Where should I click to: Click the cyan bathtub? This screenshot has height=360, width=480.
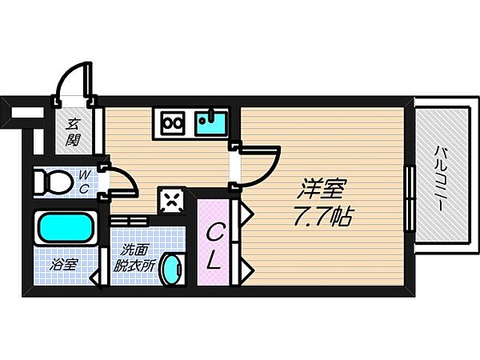[65, 230]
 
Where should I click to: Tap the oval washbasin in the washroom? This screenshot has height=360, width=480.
[169, 270]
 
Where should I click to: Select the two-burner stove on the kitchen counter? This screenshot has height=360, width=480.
[173, 123]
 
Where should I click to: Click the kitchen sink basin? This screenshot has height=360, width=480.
[211, 124]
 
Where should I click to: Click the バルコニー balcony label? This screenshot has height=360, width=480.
[441, 177]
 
